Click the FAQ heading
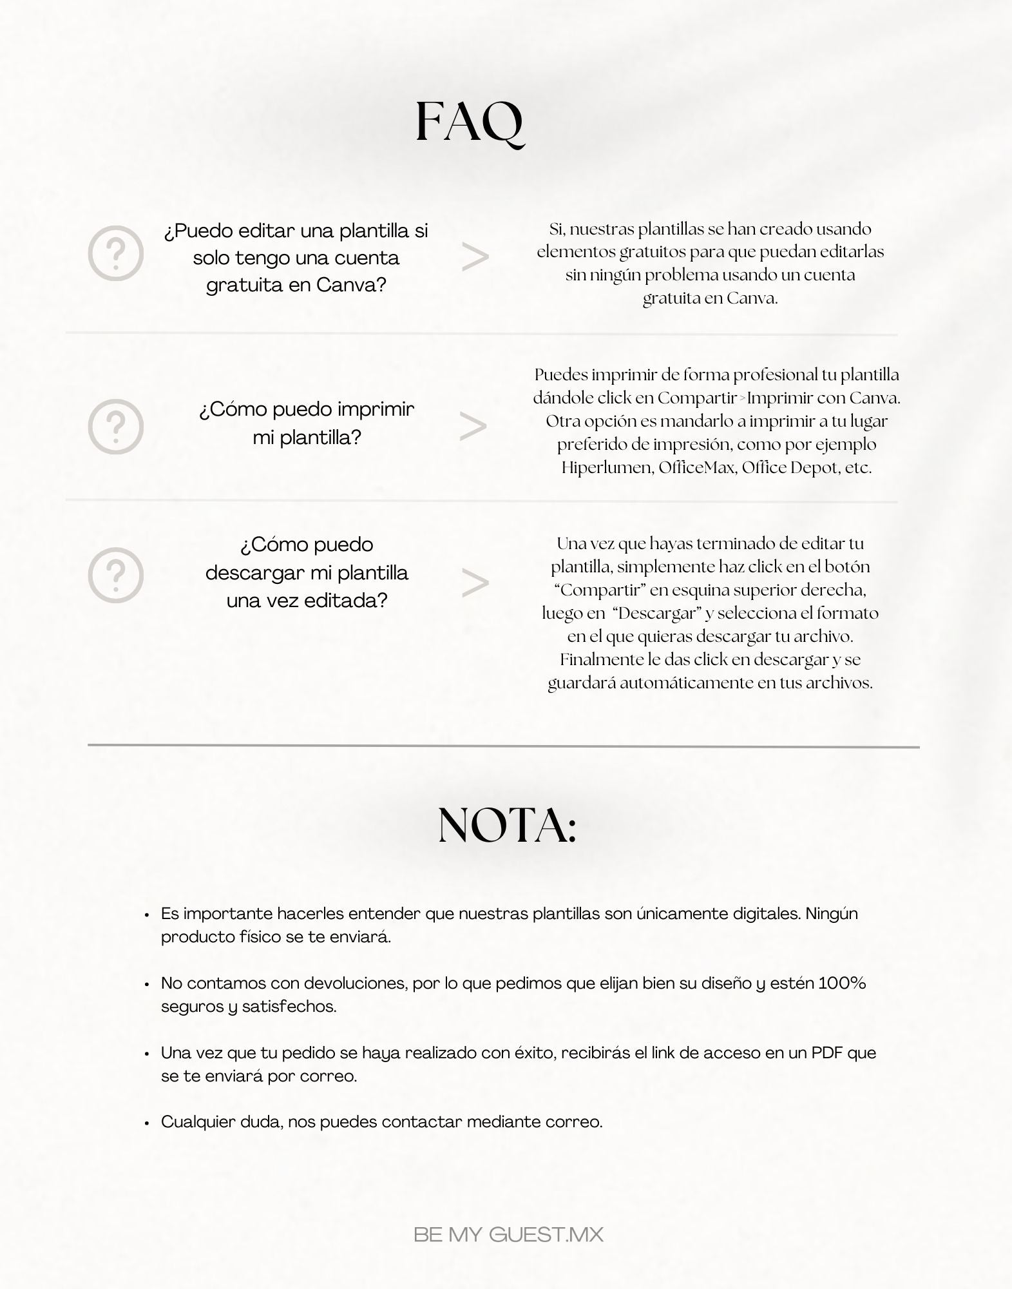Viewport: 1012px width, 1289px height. pyautogui.click(x=470, y=122)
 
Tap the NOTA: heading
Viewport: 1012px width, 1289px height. pyautogui.click(x=507, y=826)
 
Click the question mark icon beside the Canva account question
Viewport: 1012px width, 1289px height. pyautogui.click(x=115, y=253)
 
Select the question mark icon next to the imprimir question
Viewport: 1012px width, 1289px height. pyautogui.click(x=115, y=426)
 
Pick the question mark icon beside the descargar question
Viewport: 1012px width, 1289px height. pyautogui.click(x=115, y=575)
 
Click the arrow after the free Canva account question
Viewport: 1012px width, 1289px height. pyautogui.click(x=475, y=258)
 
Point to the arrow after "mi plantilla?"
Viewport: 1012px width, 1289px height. pyautogui.click(x=473, y=427)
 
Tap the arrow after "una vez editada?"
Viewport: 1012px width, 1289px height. pyautogui.click(x=475, y=583)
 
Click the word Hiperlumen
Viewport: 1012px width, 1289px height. pyautogui.click(x=606, y=467)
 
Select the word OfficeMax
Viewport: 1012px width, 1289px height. pyautogui.click(x=696, y=467)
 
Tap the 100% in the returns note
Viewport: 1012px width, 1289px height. pyautogui.click(x=842, y=983)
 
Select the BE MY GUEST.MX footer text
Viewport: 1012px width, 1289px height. pyautogui.click(x=508, y=1235)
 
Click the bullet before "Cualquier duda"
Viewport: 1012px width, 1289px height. pyautogui.click(x=147, y=1123)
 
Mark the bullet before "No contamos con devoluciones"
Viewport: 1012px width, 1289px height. pyautogui.click(x=147, y=984)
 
